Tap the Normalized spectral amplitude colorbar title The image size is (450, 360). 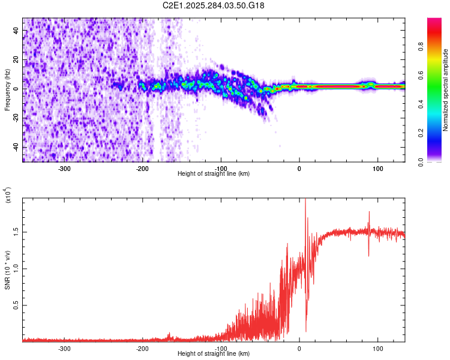pos(446,90)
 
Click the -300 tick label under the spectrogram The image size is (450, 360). pos(65,169)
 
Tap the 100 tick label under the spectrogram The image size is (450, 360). pos(377,169)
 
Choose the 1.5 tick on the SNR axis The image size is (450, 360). pos(17,231)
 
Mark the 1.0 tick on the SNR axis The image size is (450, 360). pos(17,268)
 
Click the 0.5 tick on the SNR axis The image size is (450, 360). pos(17,305)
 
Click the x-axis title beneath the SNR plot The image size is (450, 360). pos(214,355)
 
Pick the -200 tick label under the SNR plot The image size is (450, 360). pos(143,349)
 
